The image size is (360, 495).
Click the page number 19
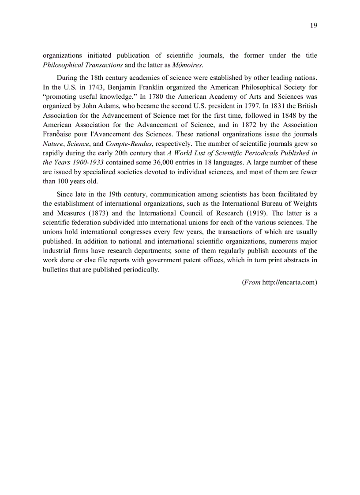tap(313, 25)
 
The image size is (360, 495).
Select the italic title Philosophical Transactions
tap(82, 65)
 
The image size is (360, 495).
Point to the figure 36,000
tap(165, 162)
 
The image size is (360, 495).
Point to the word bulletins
tap(56, 269)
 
